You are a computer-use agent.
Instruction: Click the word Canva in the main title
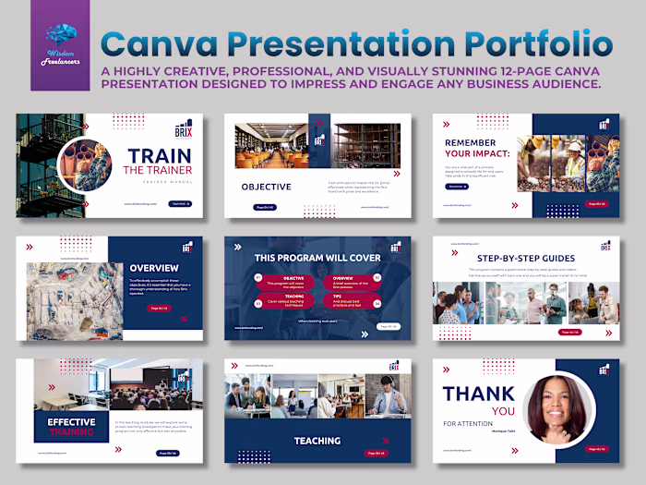(169, 44)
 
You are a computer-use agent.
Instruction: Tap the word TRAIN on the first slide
(158, 156)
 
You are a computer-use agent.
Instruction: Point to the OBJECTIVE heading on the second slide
(267, 187)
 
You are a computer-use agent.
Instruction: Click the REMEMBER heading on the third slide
(470, 143)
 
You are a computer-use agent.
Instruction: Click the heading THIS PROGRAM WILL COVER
(317, 257)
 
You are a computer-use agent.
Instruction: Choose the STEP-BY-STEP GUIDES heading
(527, 258)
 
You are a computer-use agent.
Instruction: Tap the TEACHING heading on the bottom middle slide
(317, 441)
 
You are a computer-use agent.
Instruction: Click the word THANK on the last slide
(478, 394)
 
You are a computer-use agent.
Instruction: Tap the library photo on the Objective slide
(271, 145)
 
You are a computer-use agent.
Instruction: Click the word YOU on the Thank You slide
(501, 410)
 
